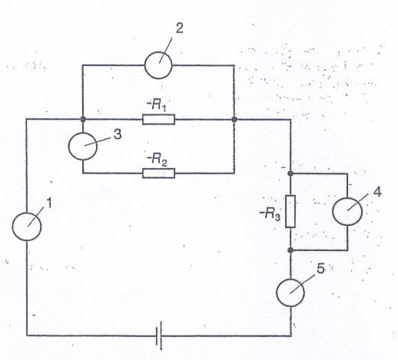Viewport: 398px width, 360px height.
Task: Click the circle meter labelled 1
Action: click(27, 226)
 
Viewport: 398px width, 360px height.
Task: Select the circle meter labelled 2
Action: click(158, 65)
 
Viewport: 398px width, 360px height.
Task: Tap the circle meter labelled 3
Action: click(83, 146)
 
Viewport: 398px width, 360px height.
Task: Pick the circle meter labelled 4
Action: click(347, 211)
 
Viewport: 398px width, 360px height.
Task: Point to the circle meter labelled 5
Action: click(290, 292)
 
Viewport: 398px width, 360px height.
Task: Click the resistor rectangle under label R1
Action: click(158, 120)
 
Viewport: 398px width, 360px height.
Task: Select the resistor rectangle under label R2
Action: click(158, 173)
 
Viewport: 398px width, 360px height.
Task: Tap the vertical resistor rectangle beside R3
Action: click(290, 211)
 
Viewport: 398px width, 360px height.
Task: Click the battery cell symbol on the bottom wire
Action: click(159, 335)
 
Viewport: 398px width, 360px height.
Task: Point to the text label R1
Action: click(157, 105)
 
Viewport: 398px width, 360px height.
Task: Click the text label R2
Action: click(157, 159)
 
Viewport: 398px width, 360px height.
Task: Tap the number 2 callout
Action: click(180, 28)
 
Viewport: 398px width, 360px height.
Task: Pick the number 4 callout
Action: click(377, 192)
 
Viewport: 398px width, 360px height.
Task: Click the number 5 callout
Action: click(320, 269)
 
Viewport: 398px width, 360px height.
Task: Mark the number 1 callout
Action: click(49, 203)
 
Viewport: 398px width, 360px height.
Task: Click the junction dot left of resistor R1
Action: click(83, 119)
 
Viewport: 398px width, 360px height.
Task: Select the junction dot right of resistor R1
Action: click(234, 119)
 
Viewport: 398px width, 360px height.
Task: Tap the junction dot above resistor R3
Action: click(290, 173)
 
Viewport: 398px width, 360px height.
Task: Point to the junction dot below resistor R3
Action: click(290, 250)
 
